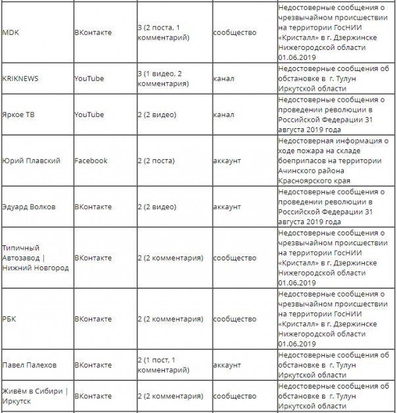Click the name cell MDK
coord(11,32)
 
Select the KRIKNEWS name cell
coord(20,78)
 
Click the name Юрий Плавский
coord(31,160)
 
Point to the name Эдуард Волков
coord(29,206)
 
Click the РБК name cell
coord(11,319)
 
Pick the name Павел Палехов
coord(30,365)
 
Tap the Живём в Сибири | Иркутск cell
coord(35,396)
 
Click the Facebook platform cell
coord(91,160)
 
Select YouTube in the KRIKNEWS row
coord(89,78)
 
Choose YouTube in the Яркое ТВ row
coord(89,114)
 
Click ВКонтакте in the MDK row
coord(93,32)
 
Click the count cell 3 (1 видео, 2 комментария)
coord(167,78)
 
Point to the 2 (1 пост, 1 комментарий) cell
coord(165,365)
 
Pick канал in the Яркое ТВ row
coord(223,114)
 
